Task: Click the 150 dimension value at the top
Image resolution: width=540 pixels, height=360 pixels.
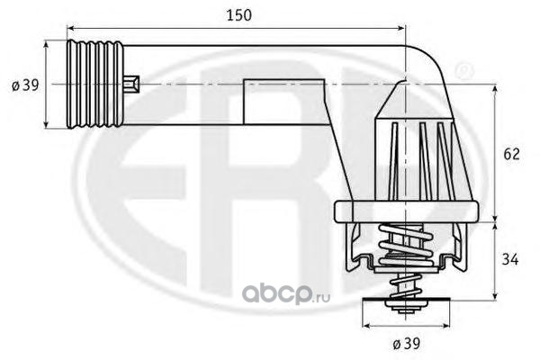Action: coord(239,15)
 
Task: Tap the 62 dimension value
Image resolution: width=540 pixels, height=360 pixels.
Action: coord(511,154)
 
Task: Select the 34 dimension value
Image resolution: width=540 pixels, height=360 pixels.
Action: coord(510,259)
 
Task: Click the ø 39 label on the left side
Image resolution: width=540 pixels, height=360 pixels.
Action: coord(25,85)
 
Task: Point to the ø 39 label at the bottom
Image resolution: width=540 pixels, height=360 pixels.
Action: coord(407,344)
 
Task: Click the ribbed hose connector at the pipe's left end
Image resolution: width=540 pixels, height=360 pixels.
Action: coord(94,85)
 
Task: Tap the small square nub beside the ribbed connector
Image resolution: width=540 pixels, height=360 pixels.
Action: coord(131,85)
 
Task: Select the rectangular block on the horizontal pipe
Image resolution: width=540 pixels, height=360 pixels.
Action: coord(283,102)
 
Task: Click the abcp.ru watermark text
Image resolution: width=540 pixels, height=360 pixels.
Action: coord(286,294)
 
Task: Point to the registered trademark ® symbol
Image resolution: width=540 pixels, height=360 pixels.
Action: coord(464,71)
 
